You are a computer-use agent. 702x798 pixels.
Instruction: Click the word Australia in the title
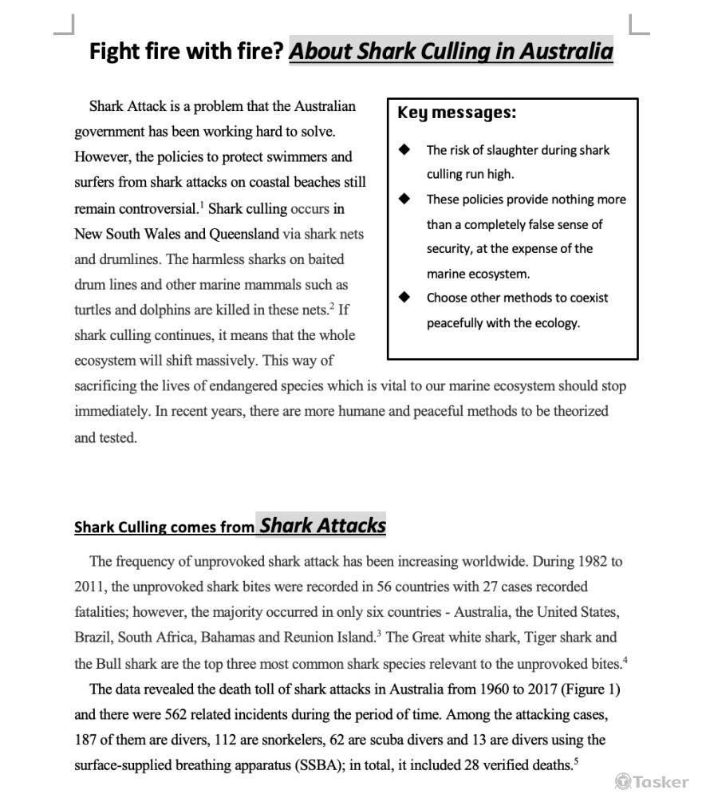click(x=566, y=52)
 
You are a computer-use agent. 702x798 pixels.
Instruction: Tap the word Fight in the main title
click(x=112, y=52)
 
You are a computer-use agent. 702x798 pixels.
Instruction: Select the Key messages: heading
click(x=456, y=113)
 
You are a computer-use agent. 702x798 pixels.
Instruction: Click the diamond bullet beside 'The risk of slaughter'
click(x=407, y=149)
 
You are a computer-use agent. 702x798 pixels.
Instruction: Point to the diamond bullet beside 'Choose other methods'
click(x=407, y=298)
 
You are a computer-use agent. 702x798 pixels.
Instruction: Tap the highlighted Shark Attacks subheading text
click(x=322, y=525)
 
